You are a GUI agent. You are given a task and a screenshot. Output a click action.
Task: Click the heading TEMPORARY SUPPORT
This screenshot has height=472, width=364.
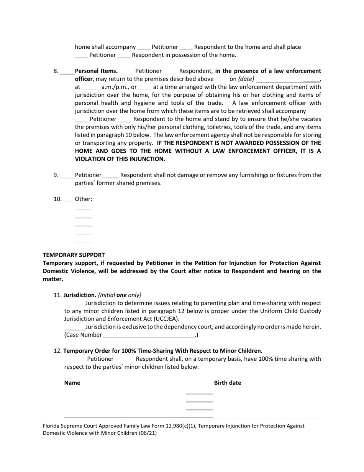[x=74, y=255]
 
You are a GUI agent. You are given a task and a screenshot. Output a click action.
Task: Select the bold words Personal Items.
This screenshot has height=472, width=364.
[x=96, y=71]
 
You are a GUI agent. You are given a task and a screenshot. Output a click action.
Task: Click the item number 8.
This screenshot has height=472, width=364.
[x=56, y=71]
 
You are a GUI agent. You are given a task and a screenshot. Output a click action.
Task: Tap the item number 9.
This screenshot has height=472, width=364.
[x=56, y=175]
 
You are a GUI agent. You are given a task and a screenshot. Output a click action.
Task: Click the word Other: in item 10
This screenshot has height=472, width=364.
[x=84, y=199]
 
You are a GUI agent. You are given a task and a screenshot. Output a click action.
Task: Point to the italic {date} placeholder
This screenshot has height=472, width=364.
[x=246, y=79]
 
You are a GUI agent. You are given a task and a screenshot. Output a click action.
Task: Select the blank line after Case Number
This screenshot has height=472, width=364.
[x=149, y=335]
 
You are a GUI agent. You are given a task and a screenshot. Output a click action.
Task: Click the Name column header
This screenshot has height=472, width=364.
[x=72, y=383]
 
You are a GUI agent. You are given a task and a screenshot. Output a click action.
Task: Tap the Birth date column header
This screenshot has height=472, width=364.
[x=227, y=383]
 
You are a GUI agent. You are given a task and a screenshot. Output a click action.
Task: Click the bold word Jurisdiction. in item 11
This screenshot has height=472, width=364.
[x=80, y=295]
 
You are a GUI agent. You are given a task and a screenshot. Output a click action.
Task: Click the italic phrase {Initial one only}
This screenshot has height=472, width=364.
[x=120, y=295]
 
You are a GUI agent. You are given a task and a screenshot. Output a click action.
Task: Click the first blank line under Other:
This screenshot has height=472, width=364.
[x=84, y=210]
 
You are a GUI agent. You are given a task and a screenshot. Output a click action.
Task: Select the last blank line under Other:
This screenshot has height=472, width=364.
[x=84, y=242]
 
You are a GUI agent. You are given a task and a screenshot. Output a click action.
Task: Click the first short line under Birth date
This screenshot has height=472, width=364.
[x=199, y=394]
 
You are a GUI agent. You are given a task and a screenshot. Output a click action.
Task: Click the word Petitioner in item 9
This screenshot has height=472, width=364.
[x=88, y=175]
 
